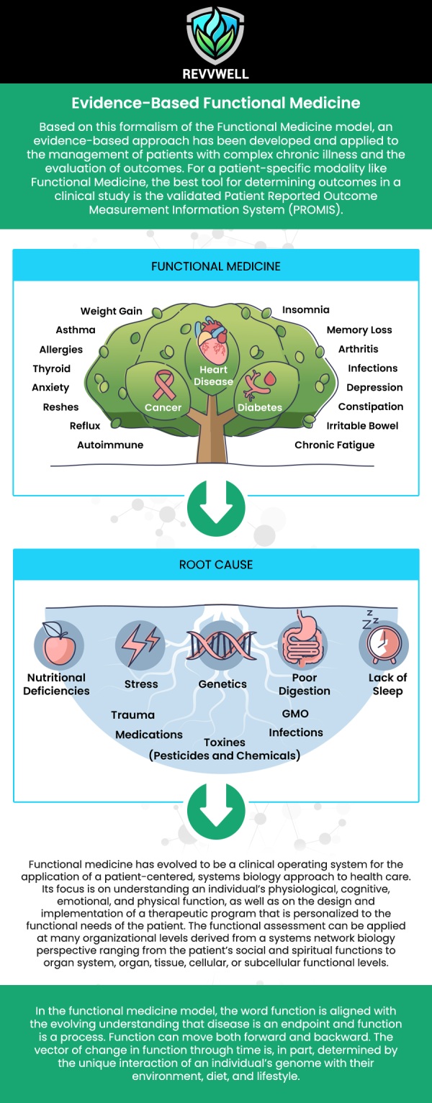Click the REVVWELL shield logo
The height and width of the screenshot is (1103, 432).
215,36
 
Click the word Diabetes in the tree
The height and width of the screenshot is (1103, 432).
260,407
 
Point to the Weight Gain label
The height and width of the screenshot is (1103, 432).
112,312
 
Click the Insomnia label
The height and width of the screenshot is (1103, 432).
305,309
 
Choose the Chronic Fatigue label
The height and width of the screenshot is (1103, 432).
335,445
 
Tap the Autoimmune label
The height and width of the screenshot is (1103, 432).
110,445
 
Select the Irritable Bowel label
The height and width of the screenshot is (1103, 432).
362,426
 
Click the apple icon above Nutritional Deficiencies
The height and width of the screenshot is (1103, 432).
58,643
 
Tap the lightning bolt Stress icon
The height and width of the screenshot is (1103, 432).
140,645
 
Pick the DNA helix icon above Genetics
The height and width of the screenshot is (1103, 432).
222,645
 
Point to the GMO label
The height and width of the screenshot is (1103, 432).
295,714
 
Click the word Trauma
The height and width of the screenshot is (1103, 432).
132,715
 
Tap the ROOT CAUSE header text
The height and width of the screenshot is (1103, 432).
216,564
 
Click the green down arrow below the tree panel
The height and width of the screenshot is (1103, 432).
216,508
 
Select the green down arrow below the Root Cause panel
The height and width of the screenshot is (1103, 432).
216,811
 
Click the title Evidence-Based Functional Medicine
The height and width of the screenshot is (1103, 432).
216,103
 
